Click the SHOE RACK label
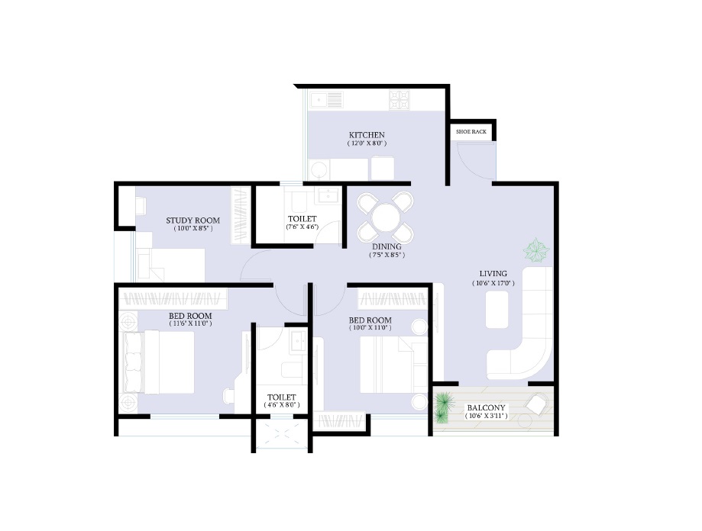tap(471, 132)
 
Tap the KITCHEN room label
tap(367, 135)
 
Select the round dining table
tap(385, 217)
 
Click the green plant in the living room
tap(536, 251)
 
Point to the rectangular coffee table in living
tap(497, 309)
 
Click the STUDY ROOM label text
tap(193, 220)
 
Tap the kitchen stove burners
tap(400, 100)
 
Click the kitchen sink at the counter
tap(327, 100)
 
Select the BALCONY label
tap(487, 407)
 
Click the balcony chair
tap(537, 404)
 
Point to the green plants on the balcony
tap(443, 407)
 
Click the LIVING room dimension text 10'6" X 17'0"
tap(493, 283)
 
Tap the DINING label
tap(387, 246)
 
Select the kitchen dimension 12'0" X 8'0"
tap(367, 143)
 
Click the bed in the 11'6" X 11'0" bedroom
tap(159, 362)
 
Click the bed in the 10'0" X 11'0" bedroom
tap(394, 364)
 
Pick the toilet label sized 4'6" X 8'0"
tap(282, 397)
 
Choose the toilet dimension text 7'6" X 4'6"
tap(302, 227)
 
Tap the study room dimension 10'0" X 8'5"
tap(193, 228)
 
